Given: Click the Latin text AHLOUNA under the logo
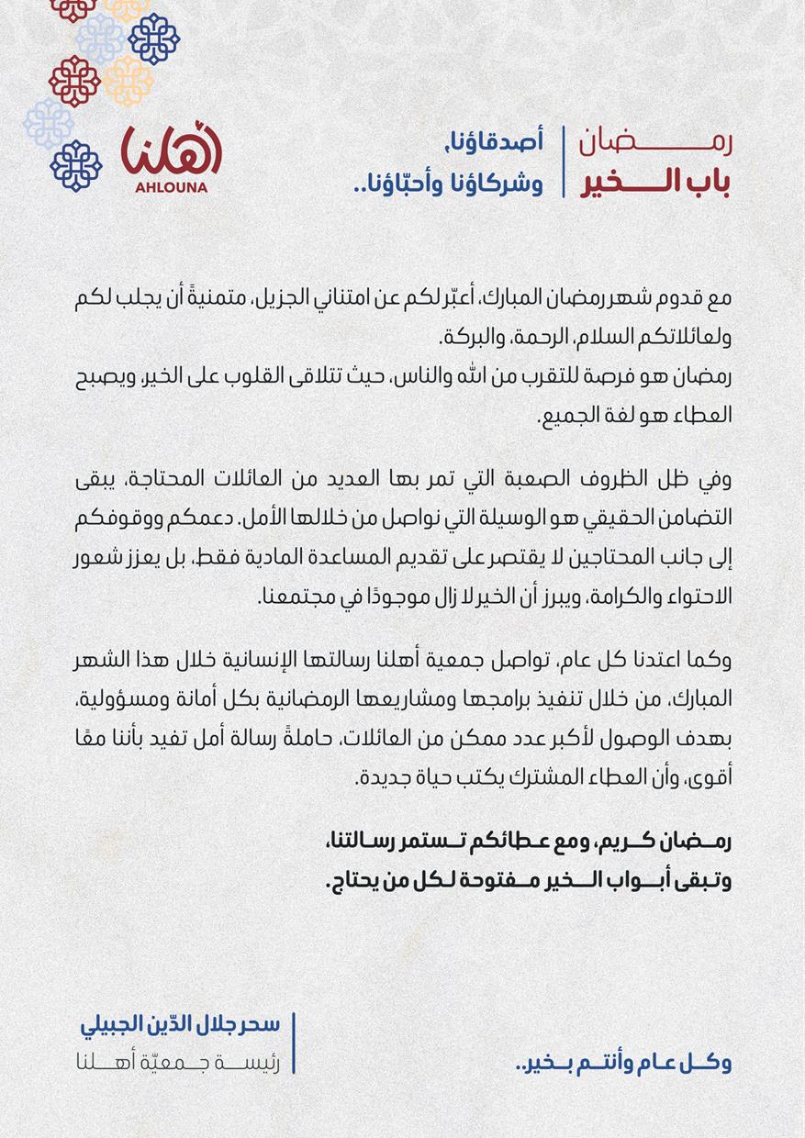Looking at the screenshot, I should point(171,188).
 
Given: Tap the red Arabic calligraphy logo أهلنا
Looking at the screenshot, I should point(172,151).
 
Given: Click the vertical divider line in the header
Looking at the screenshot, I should point(563,162).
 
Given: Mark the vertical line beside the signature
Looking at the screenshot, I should point(294,1043).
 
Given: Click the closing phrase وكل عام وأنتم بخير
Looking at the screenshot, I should point(624,1063).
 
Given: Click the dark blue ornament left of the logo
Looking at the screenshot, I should point(76,165).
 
